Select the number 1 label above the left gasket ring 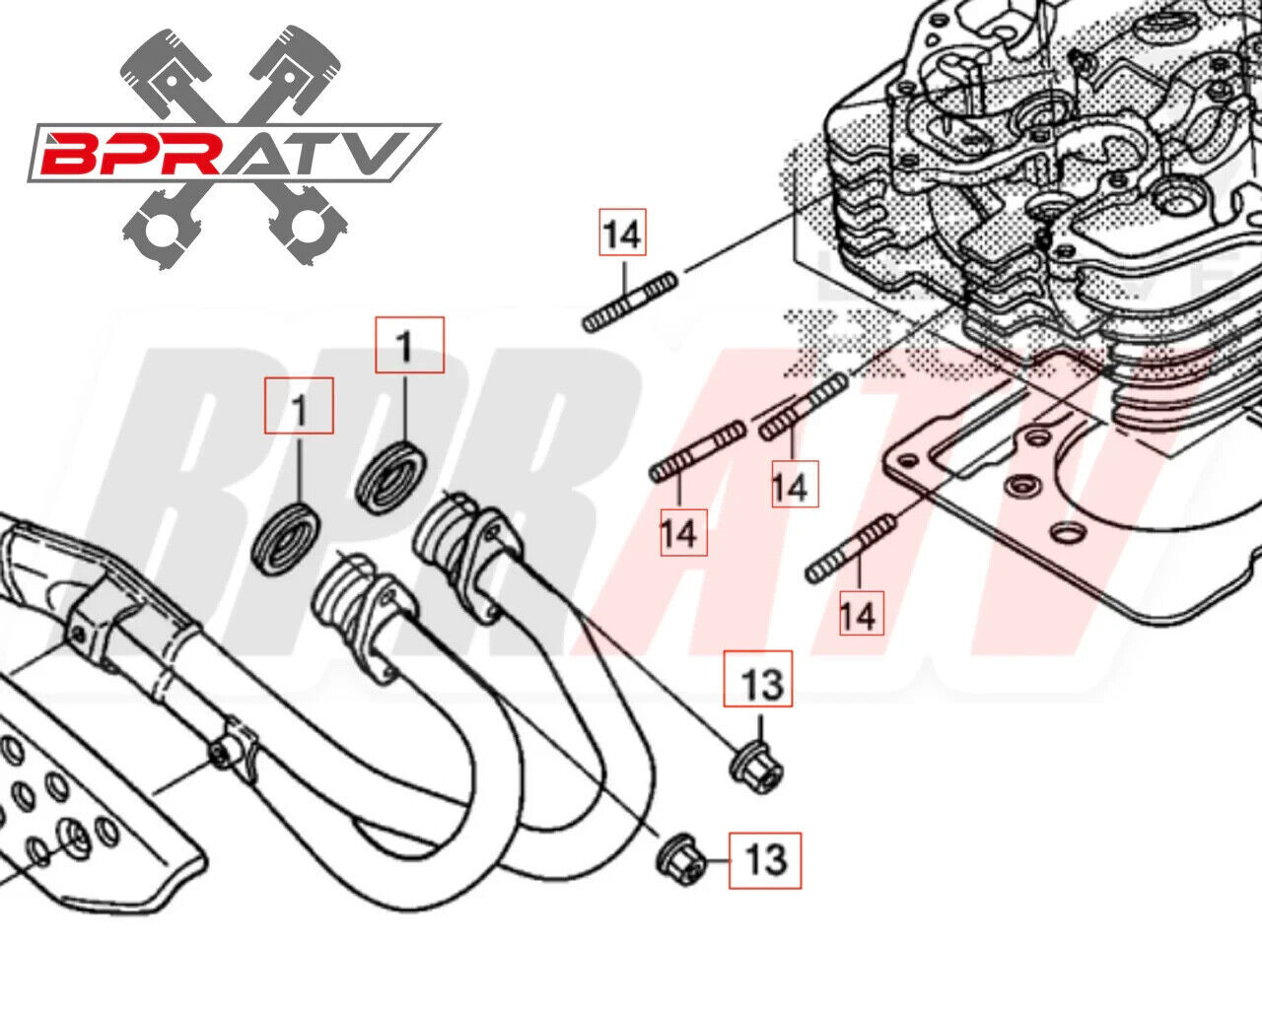coord(299,406)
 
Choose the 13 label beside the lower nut coord(765,860)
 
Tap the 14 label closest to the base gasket coord(858,615)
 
